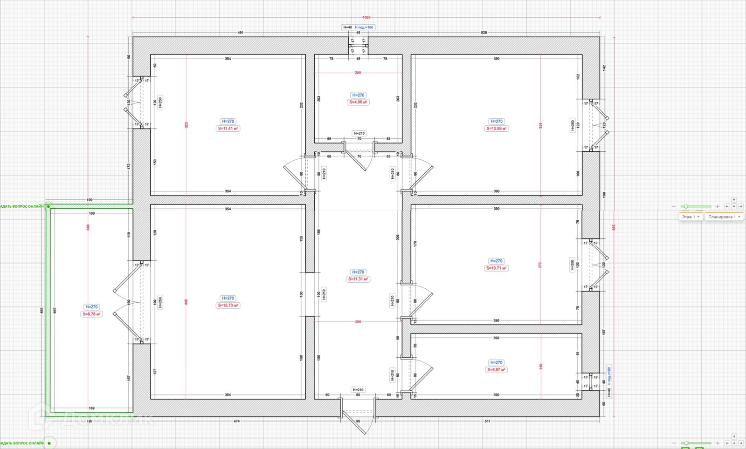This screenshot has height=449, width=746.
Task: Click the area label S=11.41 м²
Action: (x=228, y=129)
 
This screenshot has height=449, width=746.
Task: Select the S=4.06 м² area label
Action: (x=359, y=102)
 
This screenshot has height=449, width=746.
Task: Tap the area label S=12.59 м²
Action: (x=497, y=129)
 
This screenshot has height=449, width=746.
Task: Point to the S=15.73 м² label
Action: (x=228, y=306)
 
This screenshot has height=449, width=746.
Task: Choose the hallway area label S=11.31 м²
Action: (x=358, y=279)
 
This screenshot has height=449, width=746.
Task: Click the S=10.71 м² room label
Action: (x=497, y=268)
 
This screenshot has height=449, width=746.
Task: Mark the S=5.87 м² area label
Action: (x=497, y=370)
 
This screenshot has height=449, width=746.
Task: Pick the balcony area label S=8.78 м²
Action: (x=92, y=314)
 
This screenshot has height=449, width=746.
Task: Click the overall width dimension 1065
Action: (x=366, y=17)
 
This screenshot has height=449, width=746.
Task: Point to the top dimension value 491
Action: (x=241, y=33)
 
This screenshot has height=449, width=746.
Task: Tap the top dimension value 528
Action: (x=484, y=33)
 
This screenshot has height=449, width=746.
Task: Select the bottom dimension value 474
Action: (x=236, y=422)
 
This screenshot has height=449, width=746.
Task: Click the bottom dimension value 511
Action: (x=487, y=422)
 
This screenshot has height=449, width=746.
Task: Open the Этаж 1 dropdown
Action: (x=691, y=217)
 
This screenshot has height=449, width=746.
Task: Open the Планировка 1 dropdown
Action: (x=724, y=217)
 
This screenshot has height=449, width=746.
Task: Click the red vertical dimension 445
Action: (x=186, y=302)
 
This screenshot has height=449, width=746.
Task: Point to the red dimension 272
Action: (x=540, y=265)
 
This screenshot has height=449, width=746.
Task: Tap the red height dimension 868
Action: (x=88, y=227)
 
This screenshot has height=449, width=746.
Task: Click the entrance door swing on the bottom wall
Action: (x=358, y=422)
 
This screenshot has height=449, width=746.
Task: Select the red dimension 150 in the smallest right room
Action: (x=540, y=366)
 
